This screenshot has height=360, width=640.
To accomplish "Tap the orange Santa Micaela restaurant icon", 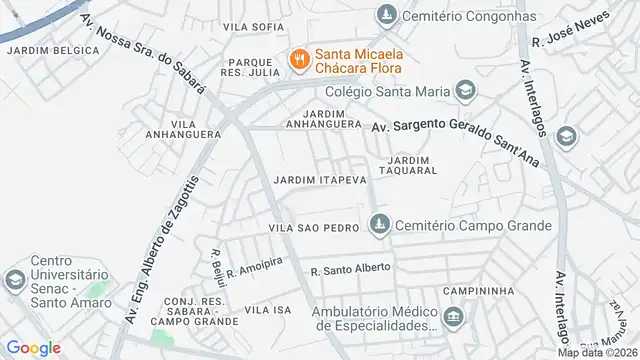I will tap(298, 60).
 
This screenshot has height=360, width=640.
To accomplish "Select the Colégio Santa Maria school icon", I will tap(464, 91).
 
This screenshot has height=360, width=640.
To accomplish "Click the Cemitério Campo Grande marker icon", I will tap(378, 226).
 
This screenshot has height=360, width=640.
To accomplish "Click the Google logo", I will tap(33, 347).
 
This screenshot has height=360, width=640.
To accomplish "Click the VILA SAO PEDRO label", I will tap(313, 228).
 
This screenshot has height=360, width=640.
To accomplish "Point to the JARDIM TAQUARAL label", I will tap(413, 165).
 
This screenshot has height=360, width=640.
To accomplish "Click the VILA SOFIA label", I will tap(250, 26).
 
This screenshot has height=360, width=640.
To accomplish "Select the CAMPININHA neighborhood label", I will tap(481, 290).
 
